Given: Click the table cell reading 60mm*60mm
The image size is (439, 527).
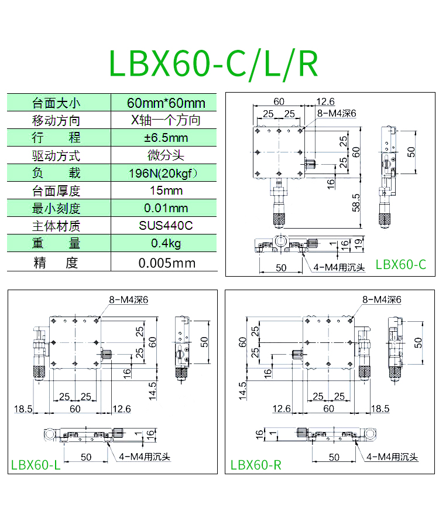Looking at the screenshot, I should pyautogui.click(x=166, y=103).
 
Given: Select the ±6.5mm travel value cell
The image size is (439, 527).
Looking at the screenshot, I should pyautogui.click(x=166, y=138).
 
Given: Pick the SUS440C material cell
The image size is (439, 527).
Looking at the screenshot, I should pyautogui.click(x=166, y=225).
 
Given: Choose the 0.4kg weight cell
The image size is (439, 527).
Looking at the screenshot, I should pyautogui.click(x=166, y=243).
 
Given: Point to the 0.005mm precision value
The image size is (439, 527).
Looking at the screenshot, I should pyautogui.click(x=167, y=263).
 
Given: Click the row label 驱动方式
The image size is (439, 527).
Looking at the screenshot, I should pyautogui.click(x=56, y=156).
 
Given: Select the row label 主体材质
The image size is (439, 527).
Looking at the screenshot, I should pyautogui.click(x=56, y=226).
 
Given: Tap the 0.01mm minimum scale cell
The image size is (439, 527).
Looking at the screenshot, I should pyautogui.click(x=166, y=208).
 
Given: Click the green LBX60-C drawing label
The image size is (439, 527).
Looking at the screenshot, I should pyautogui.click(x=401, y=264).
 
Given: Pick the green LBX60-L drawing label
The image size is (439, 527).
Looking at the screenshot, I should pyautogui.click(x=36, y=465).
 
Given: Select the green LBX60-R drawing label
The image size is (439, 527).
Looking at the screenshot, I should pyautogui.click(x=256, y=465).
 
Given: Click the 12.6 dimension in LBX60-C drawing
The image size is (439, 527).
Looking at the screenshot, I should pyautogui.click(x=325, y=101).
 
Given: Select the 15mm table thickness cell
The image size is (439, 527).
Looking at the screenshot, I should pyautogui.click(x=166, y=191).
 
